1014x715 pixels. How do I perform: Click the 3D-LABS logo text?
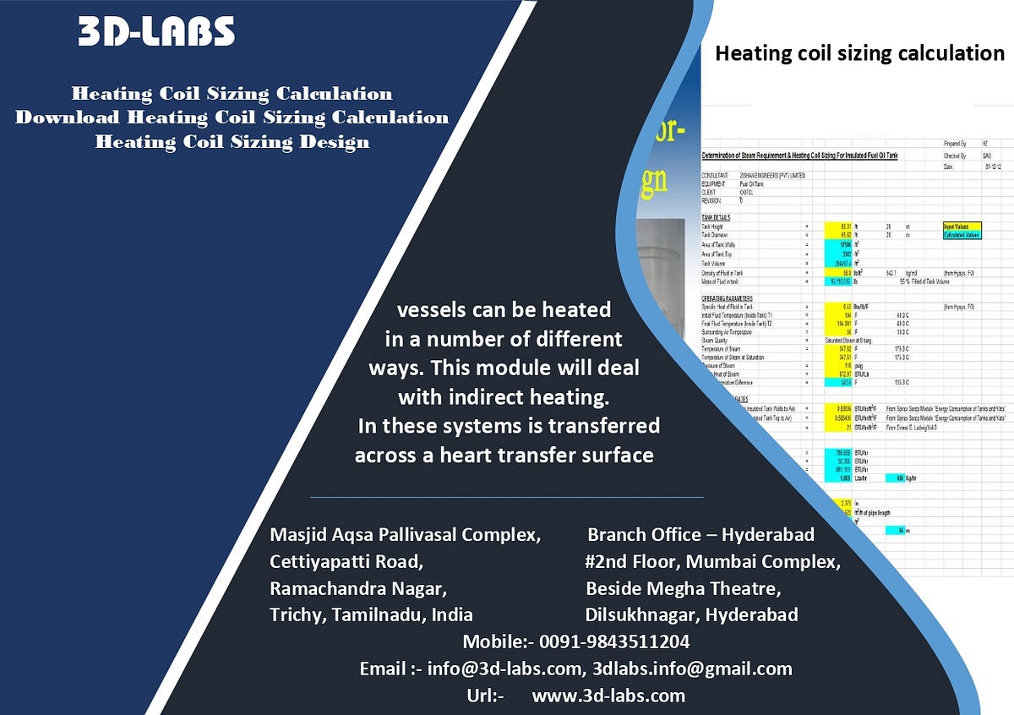click(156, 32)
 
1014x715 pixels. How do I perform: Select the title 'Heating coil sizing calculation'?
click(859, 53)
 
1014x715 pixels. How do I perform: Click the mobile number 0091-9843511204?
click(614, 641)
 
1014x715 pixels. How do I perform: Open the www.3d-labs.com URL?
click(608, 696)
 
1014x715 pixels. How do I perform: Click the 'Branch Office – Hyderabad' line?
click(701, 534)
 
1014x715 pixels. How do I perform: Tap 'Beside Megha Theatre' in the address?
click(683, 588)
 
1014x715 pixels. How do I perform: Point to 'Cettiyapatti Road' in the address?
click(346, 561)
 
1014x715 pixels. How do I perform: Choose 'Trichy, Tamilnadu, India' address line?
click(371, 614)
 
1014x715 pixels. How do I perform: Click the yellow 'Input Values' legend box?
click(962, 227)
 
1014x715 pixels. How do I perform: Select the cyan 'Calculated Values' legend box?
click(962, 235)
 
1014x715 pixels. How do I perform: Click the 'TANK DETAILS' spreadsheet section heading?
click(716, 217)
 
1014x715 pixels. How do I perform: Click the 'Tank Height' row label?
click(713, 227)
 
